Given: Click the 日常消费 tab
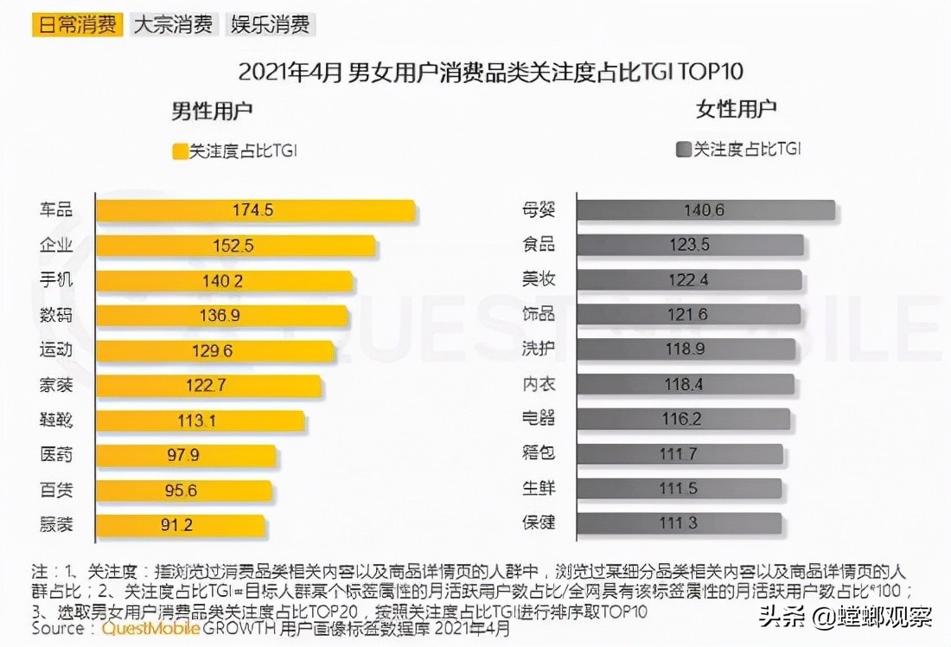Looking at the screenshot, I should point(76,23).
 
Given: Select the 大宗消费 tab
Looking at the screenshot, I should point(173,23).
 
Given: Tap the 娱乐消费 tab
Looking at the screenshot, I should point(270,23).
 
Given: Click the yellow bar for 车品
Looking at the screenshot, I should point(255,210).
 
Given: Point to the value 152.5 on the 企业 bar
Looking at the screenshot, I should point(233,246).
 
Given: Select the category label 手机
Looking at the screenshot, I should point(56,280).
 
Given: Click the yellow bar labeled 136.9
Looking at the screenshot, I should point(221,315).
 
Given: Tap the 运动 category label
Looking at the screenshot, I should point(56,349).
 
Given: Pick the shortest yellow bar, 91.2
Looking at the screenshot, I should point(180,524).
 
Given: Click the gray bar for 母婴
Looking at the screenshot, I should point(705,210).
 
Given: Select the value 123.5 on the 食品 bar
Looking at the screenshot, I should point(689,245).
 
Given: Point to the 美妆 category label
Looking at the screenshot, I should point(539,279).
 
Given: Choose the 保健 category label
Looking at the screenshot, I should point(539,523).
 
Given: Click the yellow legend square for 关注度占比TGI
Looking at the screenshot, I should point(180,151).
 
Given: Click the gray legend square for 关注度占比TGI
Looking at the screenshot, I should point(683,150).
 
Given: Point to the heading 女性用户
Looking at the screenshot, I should point(736,109).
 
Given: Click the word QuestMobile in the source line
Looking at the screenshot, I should point(150,629).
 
